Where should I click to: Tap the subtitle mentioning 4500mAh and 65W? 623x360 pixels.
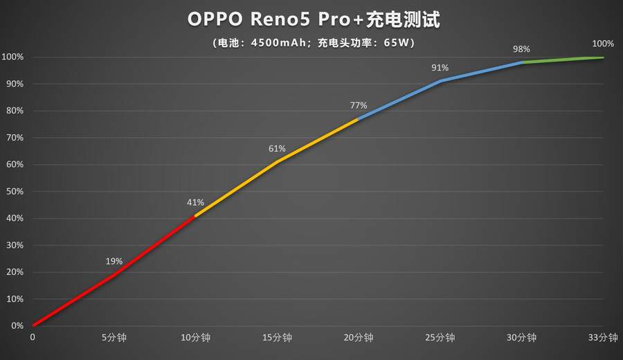[314, 42]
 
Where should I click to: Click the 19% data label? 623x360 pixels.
[114, 261]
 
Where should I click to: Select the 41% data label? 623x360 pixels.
[195, 202]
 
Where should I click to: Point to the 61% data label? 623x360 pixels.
[277, 148]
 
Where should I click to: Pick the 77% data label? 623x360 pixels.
[359, 105]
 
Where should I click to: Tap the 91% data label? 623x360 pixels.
[440, 67]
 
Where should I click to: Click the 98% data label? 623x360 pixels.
[521, 48]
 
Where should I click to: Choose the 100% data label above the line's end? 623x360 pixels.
[603, 43]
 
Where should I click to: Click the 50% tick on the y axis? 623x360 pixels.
[14, 191]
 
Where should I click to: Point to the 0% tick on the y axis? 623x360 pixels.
[16, 325]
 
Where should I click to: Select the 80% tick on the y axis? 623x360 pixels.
[14, 111]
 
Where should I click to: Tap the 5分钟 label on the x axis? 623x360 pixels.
[114, 338]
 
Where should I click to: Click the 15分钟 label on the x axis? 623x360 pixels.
[277, 338]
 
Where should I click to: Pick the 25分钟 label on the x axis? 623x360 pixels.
[440, 338]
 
